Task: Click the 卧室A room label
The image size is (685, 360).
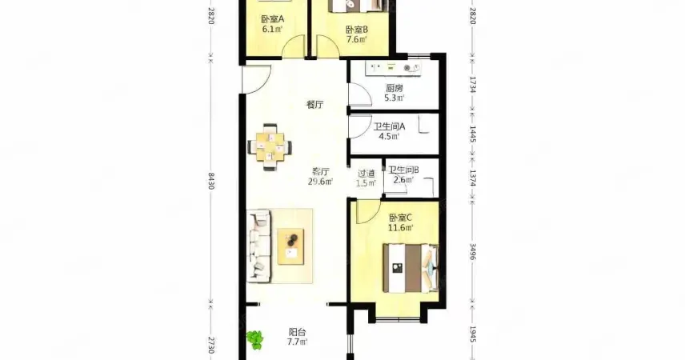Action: [x=273, y=19]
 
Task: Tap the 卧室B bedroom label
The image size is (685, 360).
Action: [x=356, y=30]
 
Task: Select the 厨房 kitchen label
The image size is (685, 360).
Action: [x=394, y=88]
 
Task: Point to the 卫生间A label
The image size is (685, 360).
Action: [x=389, y=126]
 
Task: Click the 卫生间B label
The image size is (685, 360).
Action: [x=403, y=170]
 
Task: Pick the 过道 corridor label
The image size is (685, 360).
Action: [x=366, y=174]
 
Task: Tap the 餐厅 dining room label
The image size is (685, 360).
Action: [x=315, y=105]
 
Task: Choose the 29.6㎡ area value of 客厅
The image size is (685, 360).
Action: [x=321, y=182]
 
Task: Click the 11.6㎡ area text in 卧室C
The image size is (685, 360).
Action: [x=401, y=228]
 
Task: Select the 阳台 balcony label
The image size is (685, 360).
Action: [x=297, y=332]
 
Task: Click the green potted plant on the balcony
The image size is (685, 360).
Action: [x=254, y=339]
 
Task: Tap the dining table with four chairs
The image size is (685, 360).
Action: [x=270, y=147]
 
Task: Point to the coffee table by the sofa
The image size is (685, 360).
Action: [x=291, y=246]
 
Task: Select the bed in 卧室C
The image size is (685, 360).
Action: [x=411, y=268]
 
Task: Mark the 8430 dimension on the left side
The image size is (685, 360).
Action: [x=211, y=181]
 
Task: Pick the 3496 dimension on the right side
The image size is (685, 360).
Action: [x=472, y=251]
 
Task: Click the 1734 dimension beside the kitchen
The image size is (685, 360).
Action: [x=472, y=84]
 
